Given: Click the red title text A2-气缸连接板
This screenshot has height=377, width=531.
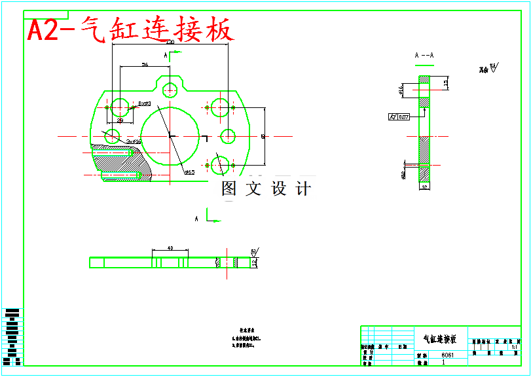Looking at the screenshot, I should [130, 30].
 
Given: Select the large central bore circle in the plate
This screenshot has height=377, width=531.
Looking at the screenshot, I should [170, 135].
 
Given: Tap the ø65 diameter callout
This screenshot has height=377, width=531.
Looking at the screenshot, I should [189, 172].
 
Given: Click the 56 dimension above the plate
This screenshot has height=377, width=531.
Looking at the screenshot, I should [145, 65].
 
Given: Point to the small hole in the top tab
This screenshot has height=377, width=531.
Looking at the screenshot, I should [171, 90].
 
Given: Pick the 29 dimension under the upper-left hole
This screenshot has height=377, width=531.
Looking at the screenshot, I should [120, 120].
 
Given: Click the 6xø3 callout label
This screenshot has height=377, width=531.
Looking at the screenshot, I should [145, 103].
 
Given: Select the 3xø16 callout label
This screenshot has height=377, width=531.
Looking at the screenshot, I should [134, 141].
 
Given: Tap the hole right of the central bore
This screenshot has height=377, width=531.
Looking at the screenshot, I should [228, 136].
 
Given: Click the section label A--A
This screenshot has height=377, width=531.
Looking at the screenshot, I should [424, 56].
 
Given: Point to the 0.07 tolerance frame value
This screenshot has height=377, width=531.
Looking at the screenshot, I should [403, 117].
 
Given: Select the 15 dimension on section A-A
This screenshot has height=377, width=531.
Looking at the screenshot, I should [446, 82].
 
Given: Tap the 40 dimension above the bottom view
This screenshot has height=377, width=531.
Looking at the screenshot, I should [170, 249].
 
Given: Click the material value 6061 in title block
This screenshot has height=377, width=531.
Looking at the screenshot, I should [446, 355].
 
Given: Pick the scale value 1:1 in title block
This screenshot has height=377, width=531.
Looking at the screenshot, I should [514, 347].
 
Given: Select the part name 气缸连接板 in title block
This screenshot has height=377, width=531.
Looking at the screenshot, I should [440, 339].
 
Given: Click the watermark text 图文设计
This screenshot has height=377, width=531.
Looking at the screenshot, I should [266, 189].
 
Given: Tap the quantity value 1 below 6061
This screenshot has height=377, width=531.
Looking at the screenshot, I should [444, 362].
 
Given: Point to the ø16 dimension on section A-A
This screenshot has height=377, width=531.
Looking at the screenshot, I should [400, 90].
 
